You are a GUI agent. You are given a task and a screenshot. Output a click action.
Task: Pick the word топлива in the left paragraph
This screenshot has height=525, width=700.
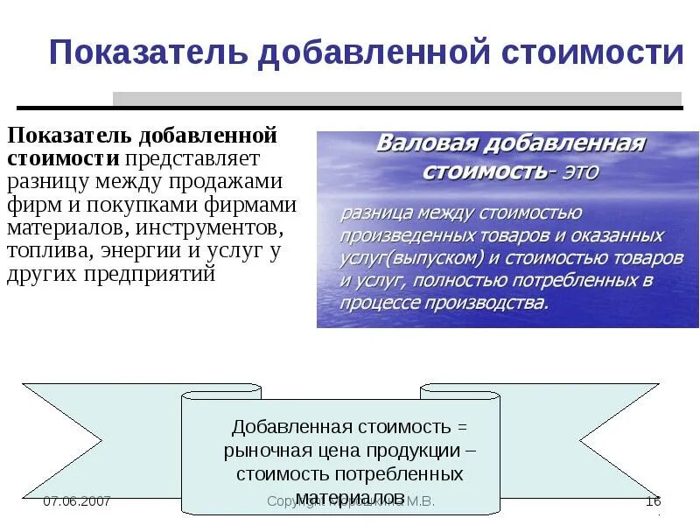43,252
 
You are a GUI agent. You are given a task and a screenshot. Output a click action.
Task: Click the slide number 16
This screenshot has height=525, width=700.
653,501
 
